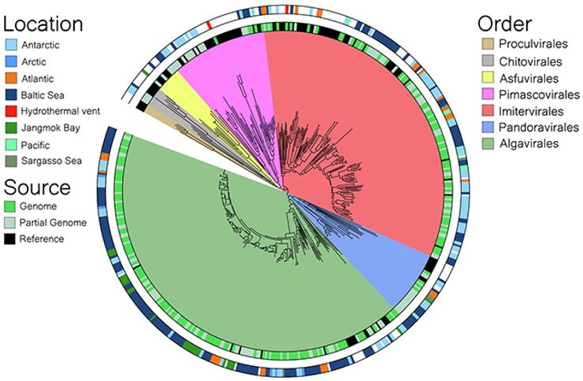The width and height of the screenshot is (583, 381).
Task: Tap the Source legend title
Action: click(38, 188)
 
